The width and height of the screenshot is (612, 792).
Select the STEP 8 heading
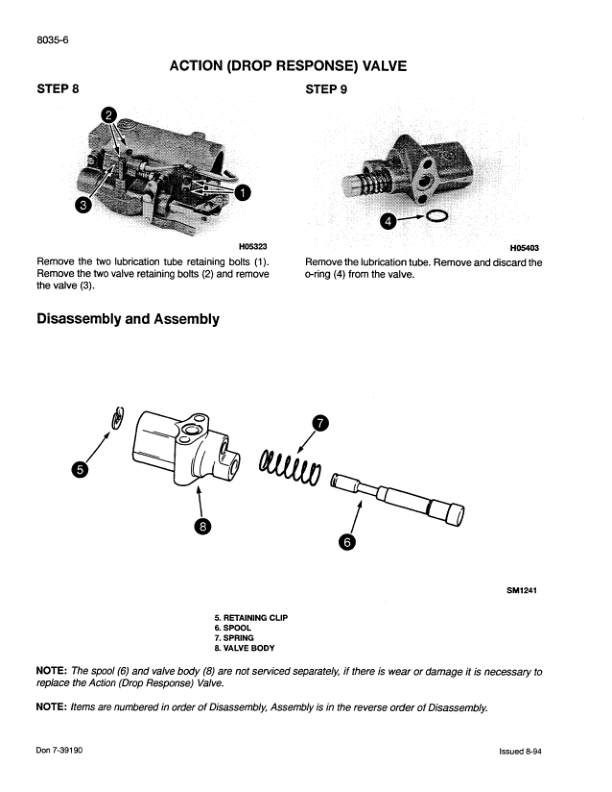[x=59, y=89]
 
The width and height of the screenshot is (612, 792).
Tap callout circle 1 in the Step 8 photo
[x=242, y=192]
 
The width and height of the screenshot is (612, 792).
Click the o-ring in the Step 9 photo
[x=437, y=216]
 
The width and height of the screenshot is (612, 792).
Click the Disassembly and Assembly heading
[x=128, y=320]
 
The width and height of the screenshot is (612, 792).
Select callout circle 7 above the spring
[x=319, y=423]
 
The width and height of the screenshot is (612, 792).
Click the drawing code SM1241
[x=524, y=589]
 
